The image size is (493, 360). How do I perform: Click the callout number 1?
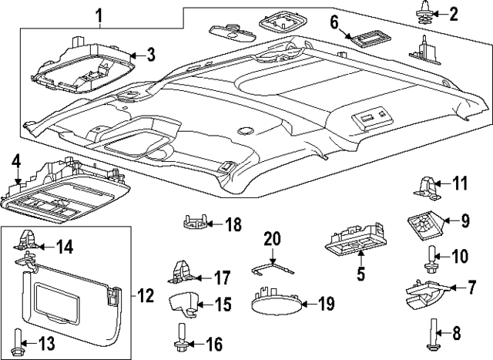[x=98, y=15]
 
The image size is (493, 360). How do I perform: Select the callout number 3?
[x=151, y=54]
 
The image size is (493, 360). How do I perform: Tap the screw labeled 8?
[x=429, y=334]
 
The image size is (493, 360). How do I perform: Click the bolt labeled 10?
[x=429, y=259]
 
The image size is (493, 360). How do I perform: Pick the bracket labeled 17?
[x=183, y=272]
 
